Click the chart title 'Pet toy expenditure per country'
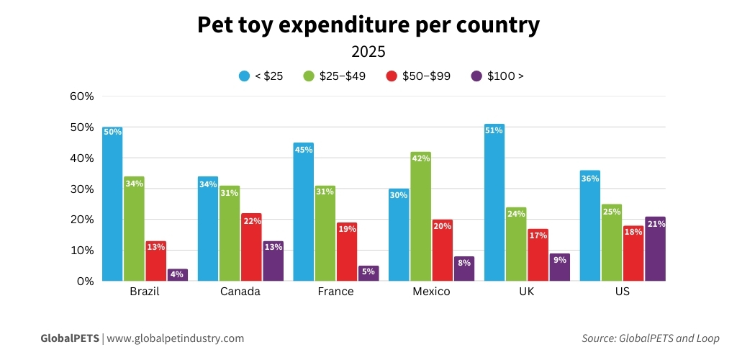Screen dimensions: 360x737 coord(368,25)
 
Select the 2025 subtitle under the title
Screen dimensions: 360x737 coord(368,52)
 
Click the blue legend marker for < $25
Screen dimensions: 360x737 coord(244,76)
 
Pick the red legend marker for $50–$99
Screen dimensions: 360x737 coord(392,76)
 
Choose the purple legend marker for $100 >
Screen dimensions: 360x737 coord(476,76)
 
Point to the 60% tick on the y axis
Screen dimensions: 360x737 coord(81,96)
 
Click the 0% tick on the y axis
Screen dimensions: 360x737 coord(85,282)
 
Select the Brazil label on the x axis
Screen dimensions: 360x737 coord(144,292)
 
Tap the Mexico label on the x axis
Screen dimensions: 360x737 coord(431,292)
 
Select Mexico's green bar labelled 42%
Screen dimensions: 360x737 coord(420,217)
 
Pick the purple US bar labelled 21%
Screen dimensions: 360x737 coord(655,249)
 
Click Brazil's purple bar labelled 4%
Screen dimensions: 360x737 coord(177,275)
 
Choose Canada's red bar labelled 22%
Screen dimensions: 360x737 coord(251,247)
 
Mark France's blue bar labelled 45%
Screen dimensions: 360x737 coord(304,212)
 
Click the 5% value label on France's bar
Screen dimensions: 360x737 coord(368,272)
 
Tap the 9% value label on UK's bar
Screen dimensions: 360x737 coord(559,260)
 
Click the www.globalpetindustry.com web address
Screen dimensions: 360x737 coord(176,338)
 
